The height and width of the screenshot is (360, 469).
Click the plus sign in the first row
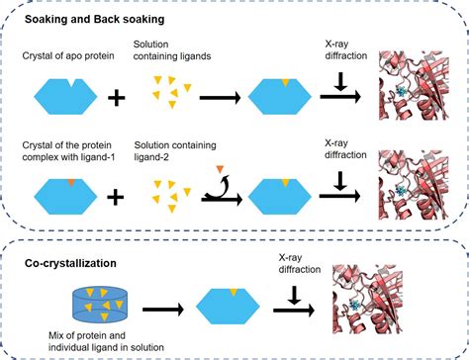point(117,97)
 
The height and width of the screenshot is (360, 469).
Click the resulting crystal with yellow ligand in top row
point(284,97)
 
